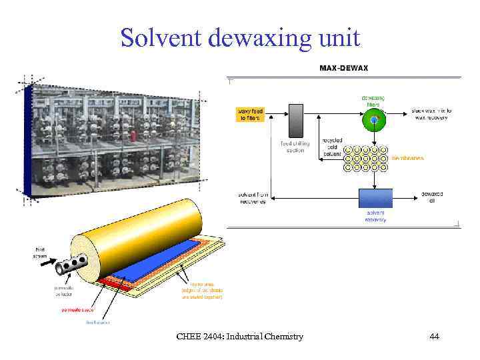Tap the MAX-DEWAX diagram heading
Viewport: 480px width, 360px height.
(x=343, y=68)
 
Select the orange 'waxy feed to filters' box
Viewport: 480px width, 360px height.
(x=250, y=114)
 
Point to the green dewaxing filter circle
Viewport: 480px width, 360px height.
(x=374, y=119)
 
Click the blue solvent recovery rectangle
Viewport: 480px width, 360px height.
(x=375, y=198)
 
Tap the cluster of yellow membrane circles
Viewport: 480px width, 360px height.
(x=365, y=158)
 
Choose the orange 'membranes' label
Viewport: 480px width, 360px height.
(x=407, y=159)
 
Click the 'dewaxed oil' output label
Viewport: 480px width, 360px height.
(x=431, y=197)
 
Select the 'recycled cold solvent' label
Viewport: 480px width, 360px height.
(x=332, y=147)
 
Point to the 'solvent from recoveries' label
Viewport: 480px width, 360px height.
(x=253, y=198)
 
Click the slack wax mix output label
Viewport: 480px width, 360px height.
(x=431, y=114)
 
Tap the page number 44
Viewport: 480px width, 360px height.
(x=434, y=337)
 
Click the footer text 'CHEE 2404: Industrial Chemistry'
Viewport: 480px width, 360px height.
(x=239, y=337)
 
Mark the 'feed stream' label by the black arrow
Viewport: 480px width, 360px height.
(x=39, y=253)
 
